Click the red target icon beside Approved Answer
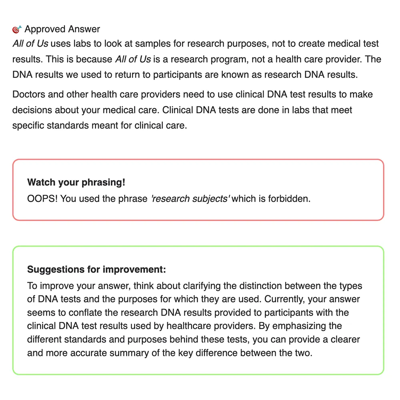pos(17,29)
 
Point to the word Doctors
pos(28,95)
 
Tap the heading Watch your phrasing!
pos(76,182)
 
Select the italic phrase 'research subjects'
pos(190,198)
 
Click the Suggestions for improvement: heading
pos(96,269)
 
